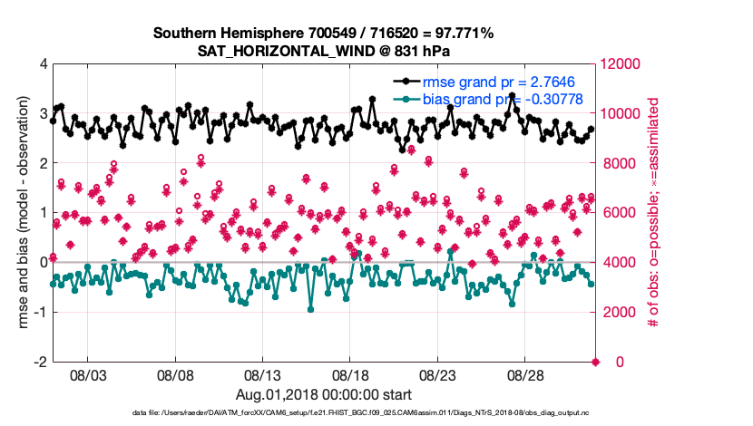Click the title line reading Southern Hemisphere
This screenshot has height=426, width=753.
point(323,34)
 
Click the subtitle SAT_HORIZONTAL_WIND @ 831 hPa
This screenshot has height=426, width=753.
point(323,51)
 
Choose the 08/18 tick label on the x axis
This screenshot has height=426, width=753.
point(351,374)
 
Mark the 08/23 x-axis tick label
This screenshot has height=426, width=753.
point(439,374)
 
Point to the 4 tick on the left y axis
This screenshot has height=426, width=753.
point(43,64)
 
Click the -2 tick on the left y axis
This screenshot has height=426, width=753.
point(40,362)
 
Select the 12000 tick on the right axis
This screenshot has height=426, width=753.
point(623,64)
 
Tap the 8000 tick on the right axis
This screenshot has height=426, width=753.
point(620,163)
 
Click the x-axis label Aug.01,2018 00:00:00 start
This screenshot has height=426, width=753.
point(323,394)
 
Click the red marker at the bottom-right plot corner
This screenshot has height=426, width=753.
point(596,362)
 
